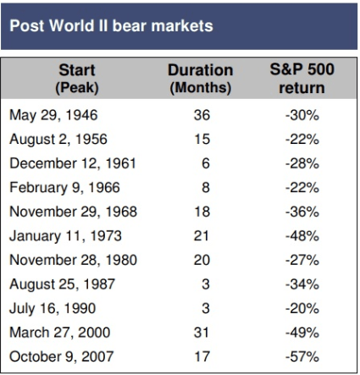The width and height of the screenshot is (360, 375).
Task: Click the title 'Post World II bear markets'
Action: [111, 26]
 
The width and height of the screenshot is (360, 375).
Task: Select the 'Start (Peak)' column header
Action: [77, 79]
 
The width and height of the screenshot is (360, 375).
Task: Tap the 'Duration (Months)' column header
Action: [201, 79]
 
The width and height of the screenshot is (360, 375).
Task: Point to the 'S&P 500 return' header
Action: [302, 79]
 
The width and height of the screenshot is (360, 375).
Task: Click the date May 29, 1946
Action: [53, 115]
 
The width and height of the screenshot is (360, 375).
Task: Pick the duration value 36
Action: [202, 115]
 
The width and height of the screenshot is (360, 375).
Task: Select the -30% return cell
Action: [302, 115]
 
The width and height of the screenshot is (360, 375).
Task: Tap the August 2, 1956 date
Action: [58, 140]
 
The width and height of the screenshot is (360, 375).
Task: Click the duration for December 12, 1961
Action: [206, 163]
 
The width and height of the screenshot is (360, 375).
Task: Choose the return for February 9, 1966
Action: [302, 188]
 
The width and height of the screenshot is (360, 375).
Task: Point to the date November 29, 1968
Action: [74, 212]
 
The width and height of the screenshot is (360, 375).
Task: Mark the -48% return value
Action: [302, 236]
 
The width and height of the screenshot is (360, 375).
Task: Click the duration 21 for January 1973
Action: [202, 236]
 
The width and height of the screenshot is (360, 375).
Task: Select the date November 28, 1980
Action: [74, 260]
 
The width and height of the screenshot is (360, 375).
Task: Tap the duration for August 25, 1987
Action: [206, 284]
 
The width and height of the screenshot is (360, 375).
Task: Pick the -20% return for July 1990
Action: [302, 308]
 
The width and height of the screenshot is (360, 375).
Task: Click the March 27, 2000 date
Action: [60, 333]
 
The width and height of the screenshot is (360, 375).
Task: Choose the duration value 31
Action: [202, 333]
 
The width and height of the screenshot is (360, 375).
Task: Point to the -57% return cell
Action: [302, 356]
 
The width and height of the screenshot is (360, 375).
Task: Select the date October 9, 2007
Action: [62, 356]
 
